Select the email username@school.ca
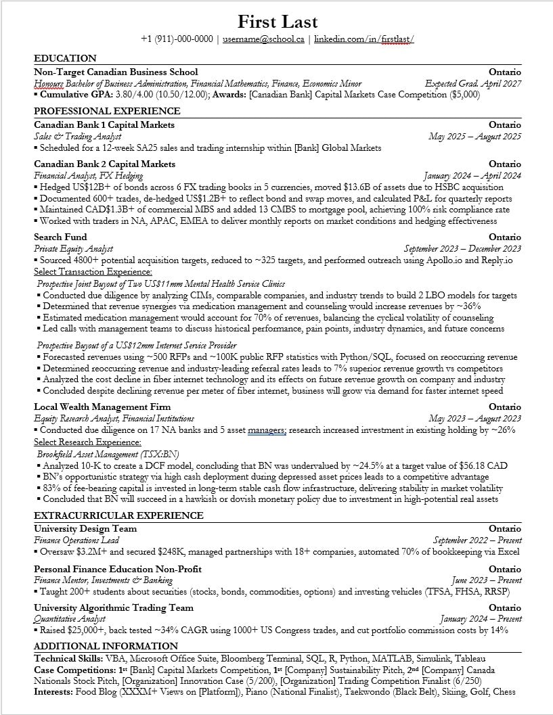263,39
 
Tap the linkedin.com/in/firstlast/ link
364,39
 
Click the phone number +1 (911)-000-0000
177,39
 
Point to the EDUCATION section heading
65,58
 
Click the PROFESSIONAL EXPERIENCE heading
107,111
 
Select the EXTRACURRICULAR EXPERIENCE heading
118,515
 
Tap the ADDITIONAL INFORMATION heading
106,646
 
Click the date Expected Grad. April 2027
473,84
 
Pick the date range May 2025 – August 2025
475,137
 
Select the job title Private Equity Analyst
73,249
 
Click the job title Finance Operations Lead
76,540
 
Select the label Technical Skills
68,658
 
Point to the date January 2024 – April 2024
472,176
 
